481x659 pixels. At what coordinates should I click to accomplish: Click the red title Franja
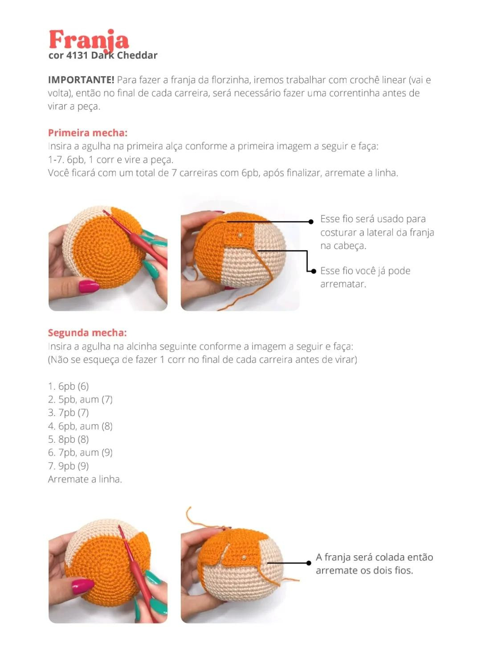point(89,40)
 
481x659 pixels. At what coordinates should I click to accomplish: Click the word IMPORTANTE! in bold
point(81,80)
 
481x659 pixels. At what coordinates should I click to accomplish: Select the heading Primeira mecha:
point(88,133)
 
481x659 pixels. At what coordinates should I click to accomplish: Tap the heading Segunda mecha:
point(87,333)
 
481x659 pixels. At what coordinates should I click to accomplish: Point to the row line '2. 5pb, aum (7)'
point(80,399)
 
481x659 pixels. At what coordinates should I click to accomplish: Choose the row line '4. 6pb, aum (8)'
point(80,426)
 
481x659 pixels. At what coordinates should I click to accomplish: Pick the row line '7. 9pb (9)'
point(69,466)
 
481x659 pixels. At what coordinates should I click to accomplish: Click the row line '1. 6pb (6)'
point(69,386)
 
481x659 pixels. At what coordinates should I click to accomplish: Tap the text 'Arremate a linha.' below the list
point(85,479)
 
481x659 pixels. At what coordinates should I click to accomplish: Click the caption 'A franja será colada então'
point(374,557)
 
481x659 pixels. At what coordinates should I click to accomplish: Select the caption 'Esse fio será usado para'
point(373,219)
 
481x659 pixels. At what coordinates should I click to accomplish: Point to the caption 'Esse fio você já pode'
point(365,271)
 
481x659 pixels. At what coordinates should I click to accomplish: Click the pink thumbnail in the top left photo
point(89,286)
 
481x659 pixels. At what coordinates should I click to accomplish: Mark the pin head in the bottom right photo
point(244,557)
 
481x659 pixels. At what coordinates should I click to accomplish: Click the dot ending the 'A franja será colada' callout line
point(309,563)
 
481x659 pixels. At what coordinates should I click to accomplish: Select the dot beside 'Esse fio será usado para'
point(311,221)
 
